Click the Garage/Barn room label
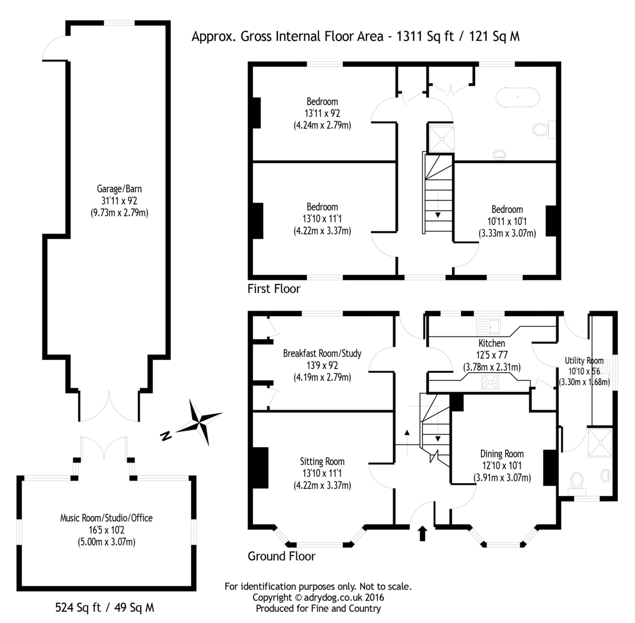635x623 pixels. pyautogui.click(x=119, y=189)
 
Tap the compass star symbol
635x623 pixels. pyautogui.click(x=201, y=422)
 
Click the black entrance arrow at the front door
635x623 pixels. pyautogui.click(x=423, y=533)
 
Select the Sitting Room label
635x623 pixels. pyautogui.click(x=322, y=461)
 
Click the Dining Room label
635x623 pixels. pyautogui.click(x=502, y=453)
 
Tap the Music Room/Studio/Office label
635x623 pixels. pyautogui.click(x=106, y=518)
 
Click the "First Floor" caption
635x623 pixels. pyautogui.click(x=274, y=289)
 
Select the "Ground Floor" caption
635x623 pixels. pyautogui.click(x=282, y=556)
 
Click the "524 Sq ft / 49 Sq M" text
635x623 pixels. pyautogui.click(x=105, y=607)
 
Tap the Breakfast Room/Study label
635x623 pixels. pyautogui.click(x=322, y=353)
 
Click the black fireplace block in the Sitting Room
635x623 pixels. pyautogui.click(x=260, y=468)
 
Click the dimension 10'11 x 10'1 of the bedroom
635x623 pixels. pyautogui.click(x=507, y=221)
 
